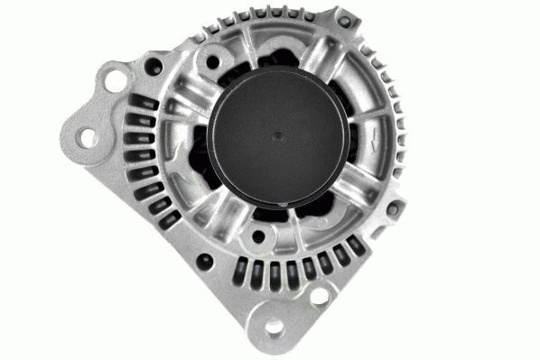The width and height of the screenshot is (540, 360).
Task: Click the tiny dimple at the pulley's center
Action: (x=278, y=137)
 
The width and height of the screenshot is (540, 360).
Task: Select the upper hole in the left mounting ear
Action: (x=114, y=79)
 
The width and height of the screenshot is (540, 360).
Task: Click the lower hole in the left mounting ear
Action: (x=88, y=137)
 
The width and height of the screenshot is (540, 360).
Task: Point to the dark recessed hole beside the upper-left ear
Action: (x=150, y=66)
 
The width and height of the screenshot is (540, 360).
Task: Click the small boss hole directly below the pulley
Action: (x=259, y=237)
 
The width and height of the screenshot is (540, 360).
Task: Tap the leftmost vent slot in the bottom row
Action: (x=242, y=269)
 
